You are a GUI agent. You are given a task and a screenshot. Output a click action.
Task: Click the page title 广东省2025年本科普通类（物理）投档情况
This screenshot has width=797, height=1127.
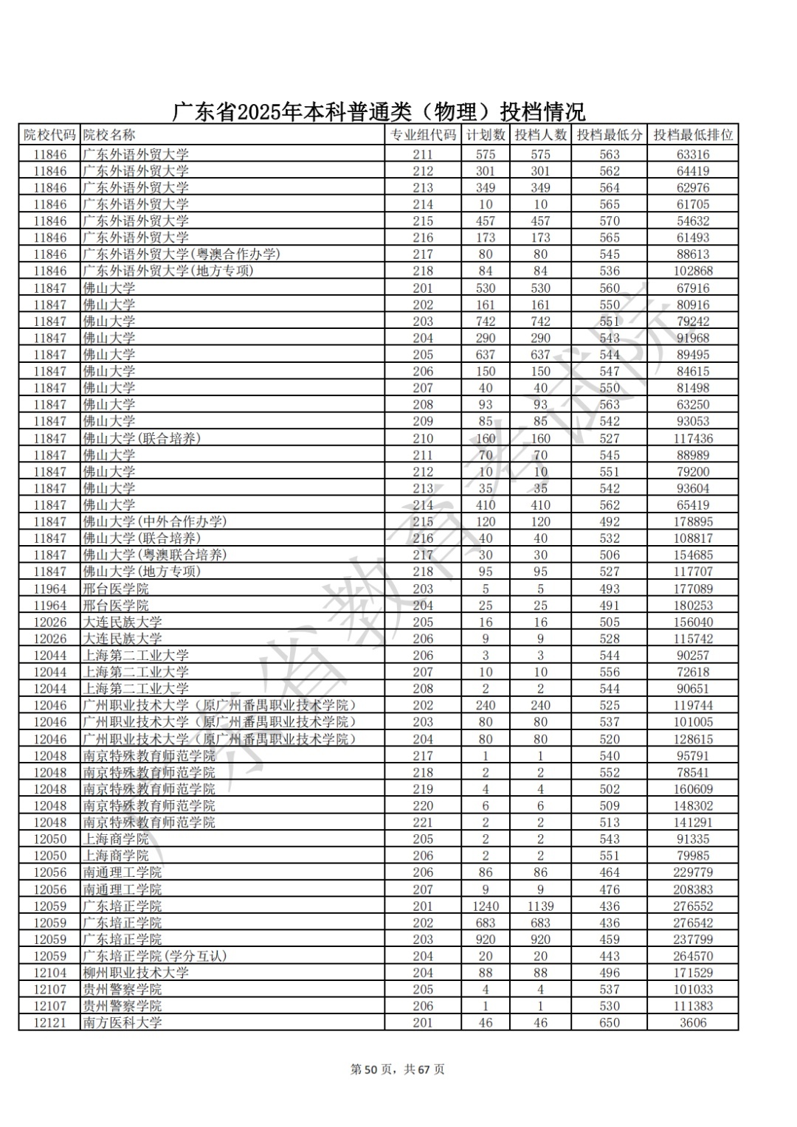coord(379,112)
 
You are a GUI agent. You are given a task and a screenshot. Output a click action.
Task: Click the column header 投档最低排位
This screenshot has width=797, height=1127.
coord(693,135)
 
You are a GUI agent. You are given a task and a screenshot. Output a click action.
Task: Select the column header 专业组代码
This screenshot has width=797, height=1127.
coord(423,135)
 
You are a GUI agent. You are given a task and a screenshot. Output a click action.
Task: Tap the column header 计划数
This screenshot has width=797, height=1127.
coord(486,135)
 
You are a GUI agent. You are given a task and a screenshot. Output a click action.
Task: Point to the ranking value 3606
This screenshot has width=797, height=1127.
coord(693,1023)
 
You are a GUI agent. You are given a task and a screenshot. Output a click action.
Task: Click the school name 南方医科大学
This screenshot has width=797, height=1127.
coord(123,1023)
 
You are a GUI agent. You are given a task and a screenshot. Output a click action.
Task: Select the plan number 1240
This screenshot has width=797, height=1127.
coord(486,906)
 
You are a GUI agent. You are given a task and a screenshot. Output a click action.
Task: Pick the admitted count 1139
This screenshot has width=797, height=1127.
coord(540,906)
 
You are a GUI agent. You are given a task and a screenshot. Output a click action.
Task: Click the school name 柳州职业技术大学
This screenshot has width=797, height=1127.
coord(136,973)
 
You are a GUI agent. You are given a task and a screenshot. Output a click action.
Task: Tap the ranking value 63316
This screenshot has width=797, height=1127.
coord(693,155)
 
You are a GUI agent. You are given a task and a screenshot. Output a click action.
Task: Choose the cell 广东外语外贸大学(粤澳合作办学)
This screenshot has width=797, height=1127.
coord(182,254)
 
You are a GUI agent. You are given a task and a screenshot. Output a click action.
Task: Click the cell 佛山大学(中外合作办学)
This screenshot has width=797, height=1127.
coord(155,521)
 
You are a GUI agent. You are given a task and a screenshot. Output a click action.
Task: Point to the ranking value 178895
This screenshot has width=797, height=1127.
coord(693,521)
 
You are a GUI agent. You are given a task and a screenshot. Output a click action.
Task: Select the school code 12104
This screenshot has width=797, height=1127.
coord(49,973)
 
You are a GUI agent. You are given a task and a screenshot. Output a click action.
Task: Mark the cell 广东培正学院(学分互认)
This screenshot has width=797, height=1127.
coord(155,956)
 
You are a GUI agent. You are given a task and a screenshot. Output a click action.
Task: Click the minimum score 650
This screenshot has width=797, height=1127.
coord(610,1023)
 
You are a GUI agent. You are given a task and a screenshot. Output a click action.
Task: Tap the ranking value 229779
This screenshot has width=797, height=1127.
coord(693,873)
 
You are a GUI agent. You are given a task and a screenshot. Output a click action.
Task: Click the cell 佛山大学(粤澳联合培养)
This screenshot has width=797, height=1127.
coord(155,555)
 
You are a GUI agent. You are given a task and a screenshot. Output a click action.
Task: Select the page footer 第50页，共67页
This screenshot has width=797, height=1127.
coord(397,1069)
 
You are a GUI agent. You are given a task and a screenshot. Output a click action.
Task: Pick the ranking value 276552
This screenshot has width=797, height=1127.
coord(693,906)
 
